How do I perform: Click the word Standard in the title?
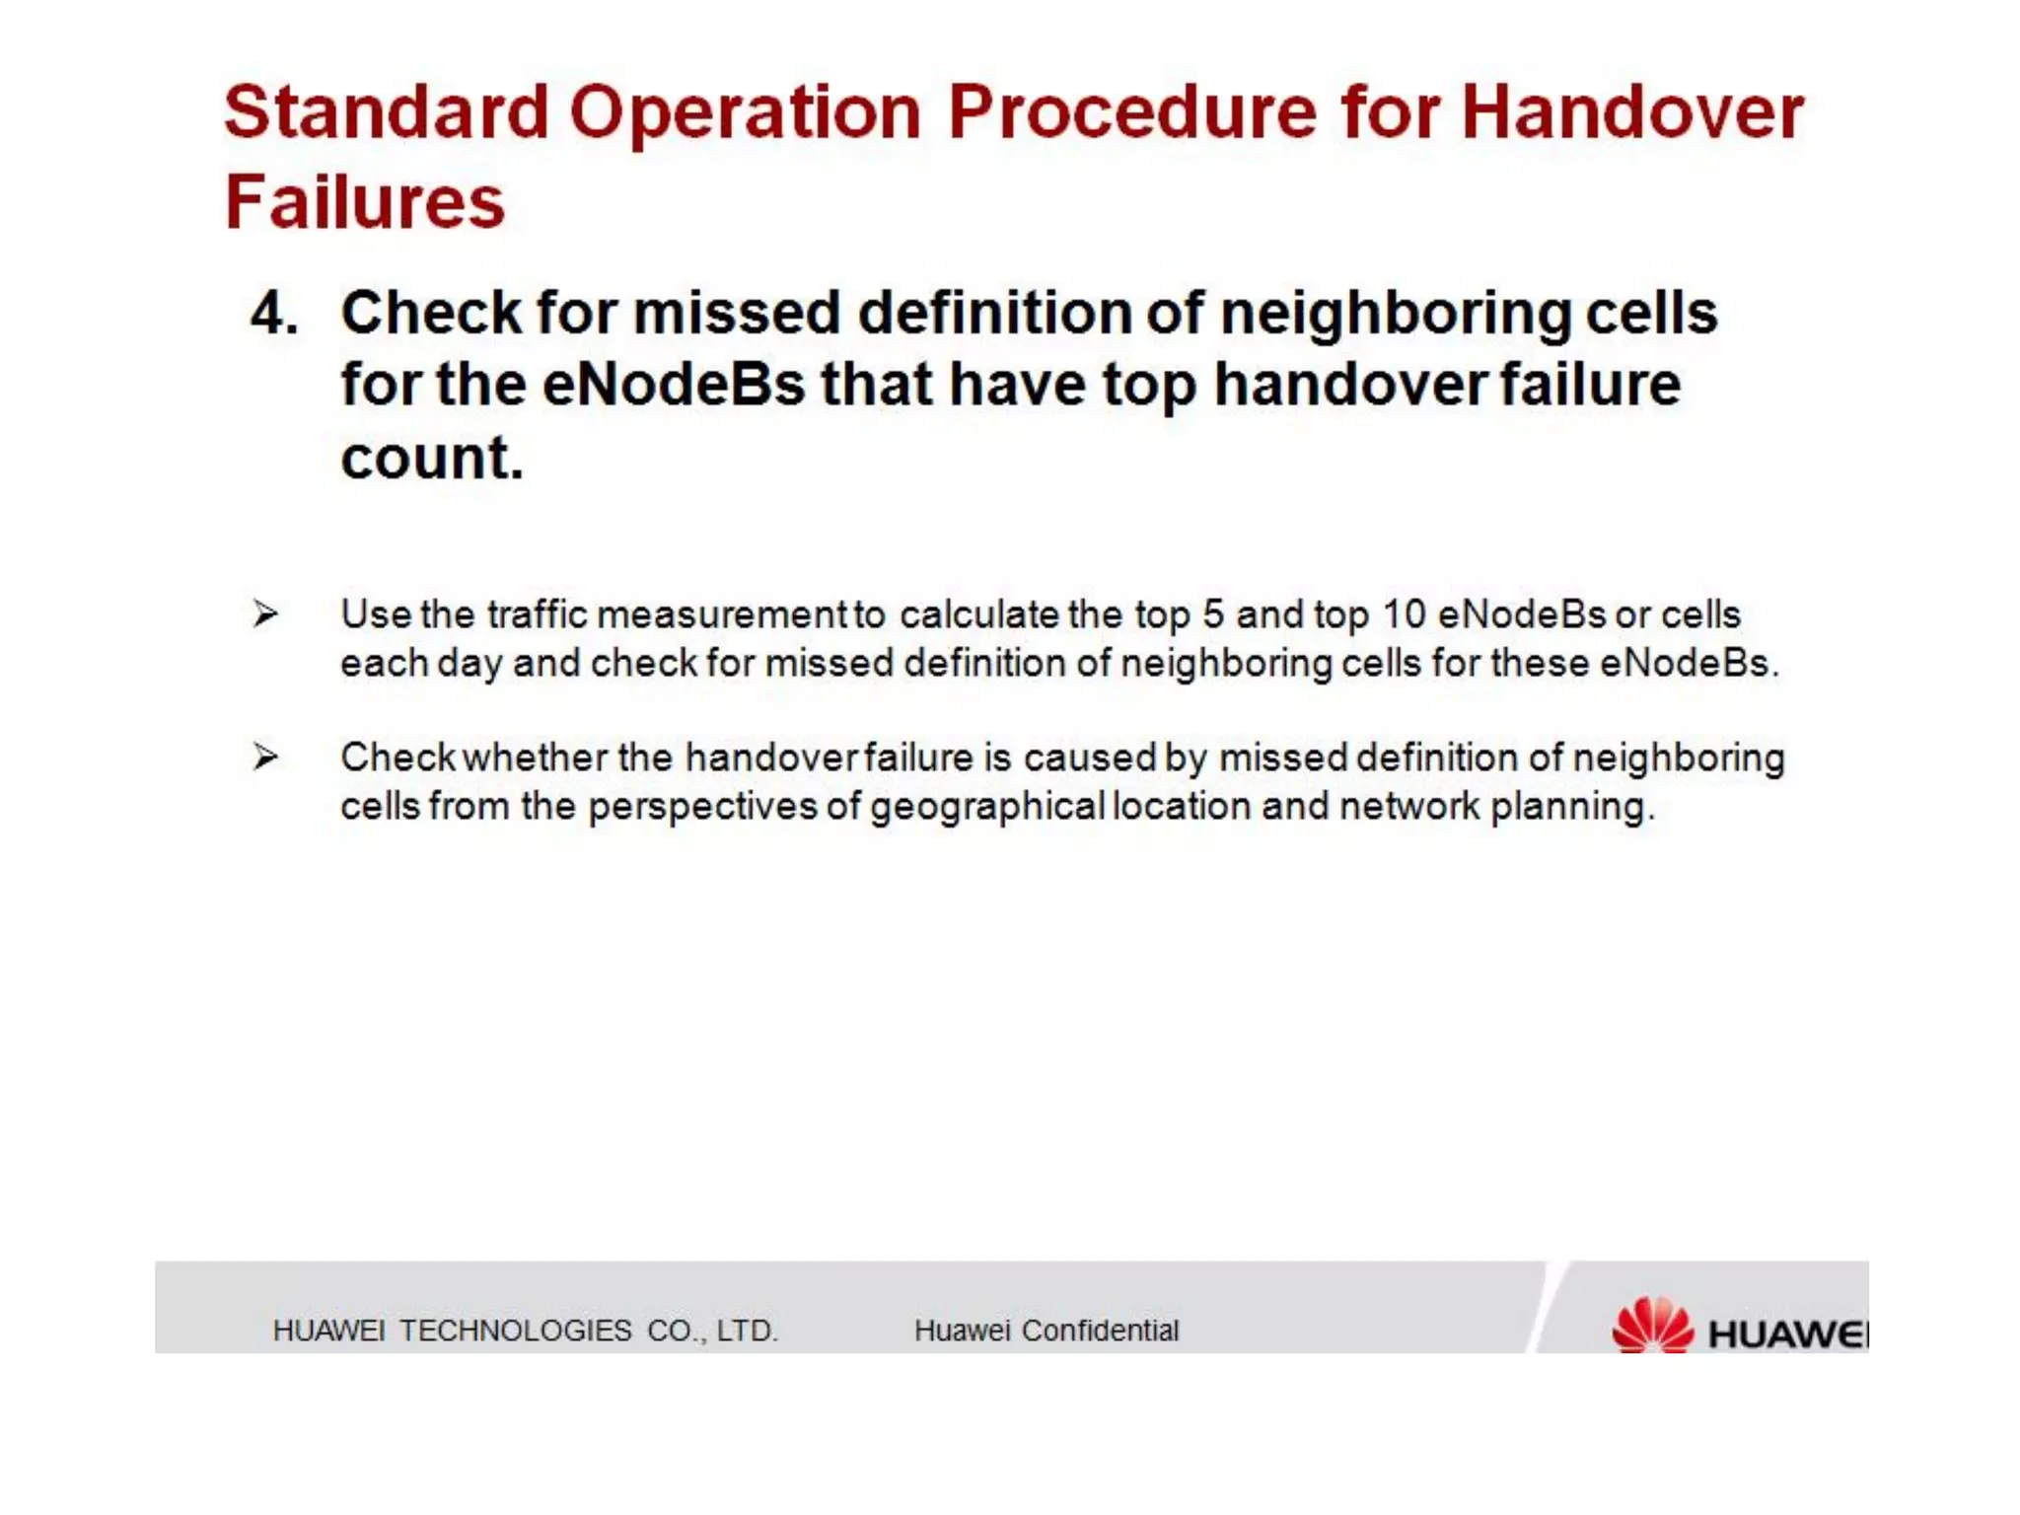(x=386, y=111)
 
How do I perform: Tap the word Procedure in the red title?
(x=1132, y=111)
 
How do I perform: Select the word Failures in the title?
(x=365, y=202)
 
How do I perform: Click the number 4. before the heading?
(x=273, y=314)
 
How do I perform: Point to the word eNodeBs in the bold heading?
(x=673, y=385)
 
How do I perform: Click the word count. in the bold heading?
(x=431, y=459)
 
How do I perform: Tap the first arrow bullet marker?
(x=264, y=614)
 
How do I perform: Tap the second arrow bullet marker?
(x=264, y=757)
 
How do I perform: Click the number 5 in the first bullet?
(x=1212, y=614)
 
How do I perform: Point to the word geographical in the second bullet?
(x=986, y=807)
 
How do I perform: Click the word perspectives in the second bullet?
(x=702, y=807)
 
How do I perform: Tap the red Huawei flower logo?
(x=1652, y=1326)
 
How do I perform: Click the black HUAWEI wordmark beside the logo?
(x=1787, y=1335)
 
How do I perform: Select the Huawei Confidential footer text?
(x=1046, y=1331)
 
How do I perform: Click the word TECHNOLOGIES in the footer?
(x=515, y=1331)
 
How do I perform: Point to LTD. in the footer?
(x=747, y=1331)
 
